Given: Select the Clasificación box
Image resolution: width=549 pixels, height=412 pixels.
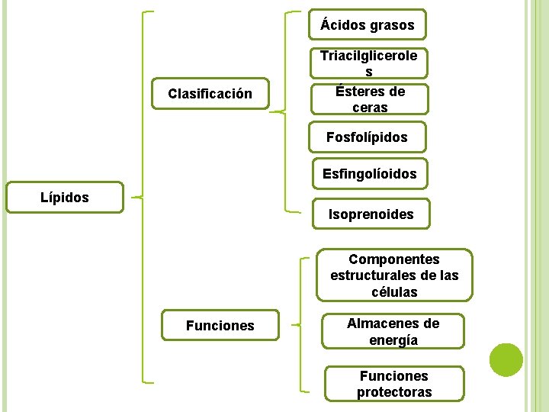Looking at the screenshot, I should pyautogui.click(x=210, y=95).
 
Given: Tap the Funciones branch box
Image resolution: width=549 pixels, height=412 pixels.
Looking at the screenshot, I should pyautogui.click(x=220, y=326).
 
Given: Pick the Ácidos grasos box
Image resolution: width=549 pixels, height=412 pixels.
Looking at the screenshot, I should pyautogui.click(x=368, y=25).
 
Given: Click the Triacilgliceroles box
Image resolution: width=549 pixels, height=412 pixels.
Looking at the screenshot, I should pyautogui.click(x=369, y=63).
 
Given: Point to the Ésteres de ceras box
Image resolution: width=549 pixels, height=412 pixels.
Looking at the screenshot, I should pyautogui.click(x=370, y=99).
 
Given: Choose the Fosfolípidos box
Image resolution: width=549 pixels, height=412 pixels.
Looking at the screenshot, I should pyautogui.click(x=367, y=137).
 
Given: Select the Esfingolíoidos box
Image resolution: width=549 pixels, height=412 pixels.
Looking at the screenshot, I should pyautogui.click(x=369, y=174).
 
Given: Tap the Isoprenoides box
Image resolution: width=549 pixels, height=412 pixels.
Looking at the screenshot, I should pyautogui.click(x=371, y=214).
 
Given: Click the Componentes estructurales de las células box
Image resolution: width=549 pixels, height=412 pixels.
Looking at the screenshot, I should pyautogui.click(x=394, y=275).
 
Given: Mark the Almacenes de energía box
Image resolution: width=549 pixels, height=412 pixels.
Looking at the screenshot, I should pyautogui.click(x=393, y=332).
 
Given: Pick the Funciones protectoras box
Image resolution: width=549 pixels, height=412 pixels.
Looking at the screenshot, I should pyautogui.click(x=394, y=384).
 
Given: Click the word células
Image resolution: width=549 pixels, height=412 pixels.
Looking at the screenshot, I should pyautogui.click(x=394, y=292).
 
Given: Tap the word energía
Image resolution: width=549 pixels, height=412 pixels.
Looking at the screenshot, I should pyautogui.click(x=393, y=340).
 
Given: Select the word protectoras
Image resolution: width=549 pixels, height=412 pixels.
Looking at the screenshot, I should pyautogui.click(x=394, y=392).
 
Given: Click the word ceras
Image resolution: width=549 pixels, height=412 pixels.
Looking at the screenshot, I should pyautogui.click(x=370, y=108).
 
